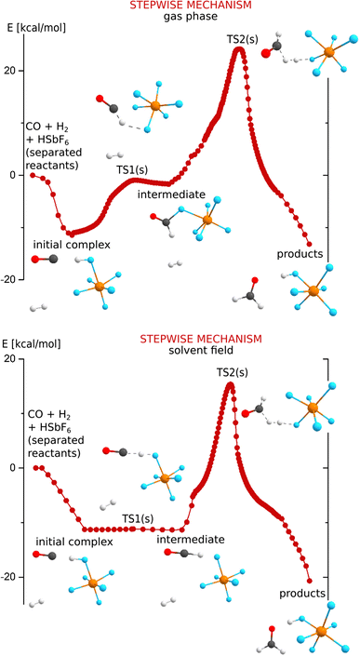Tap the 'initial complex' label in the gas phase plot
pyautogui.click(x=70, y=245)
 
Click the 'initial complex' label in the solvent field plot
pyautogui.click(x=73, y=541)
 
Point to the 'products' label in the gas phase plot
pyautogui.click(x=300, y=254)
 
